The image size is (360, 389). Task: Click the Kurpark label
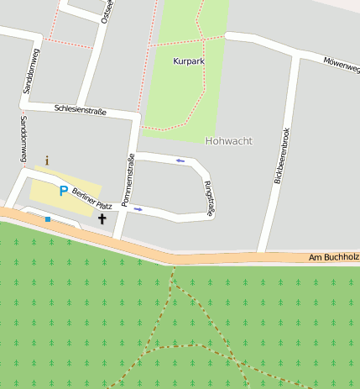click(x=189, y=61)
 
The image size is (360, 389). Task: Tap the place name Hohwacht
click(x=228, y=141)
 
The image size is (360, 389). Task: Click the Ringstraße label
click(x=208, y=199)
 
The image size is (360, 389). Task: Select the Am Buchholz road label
click(x=333, y=256)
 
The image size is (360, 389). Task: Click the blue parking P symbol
click(x=63, y=191)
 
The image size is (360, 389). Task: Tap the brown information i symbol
click(x=47, y=160)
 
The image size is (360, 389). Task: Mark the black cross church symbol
click(x=102, y=219)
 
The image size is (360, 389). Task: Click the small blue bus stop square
click(x=48, y=219)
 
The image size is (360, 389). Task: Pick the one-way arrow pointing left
click(x=180, y=160)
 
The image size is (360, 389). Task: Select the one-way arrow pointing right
click(x=138, y=209)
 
